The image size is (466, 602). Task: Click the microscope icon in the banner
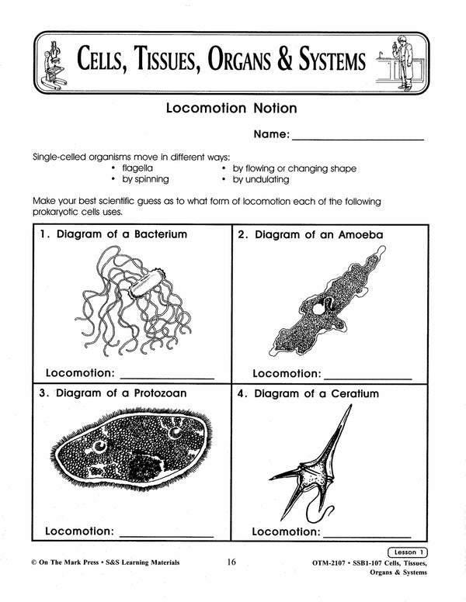tap(54, 61)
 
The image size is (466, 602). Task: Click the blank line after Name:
tap(359, 137)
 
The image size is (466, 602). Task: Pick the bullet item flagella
tap(137, 168)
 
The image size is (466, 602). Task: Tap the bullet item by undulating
tap(261, 179)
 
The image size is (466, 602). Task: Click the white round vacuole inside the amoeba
tap(318, 308)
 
